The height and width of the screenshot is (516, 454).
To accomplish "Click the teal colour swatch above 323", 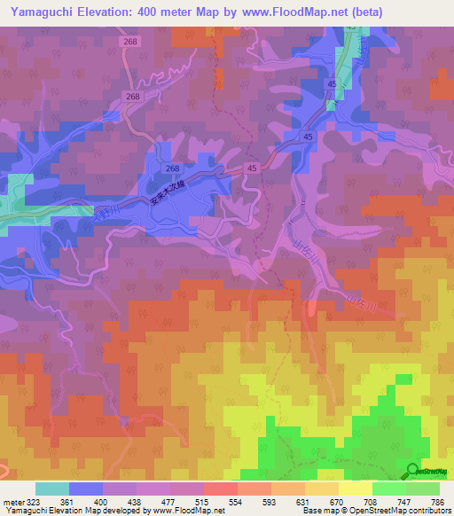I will click(52, 489).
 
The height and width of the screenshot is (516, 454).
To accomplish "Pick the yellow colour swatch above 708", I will click(356, 489).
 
